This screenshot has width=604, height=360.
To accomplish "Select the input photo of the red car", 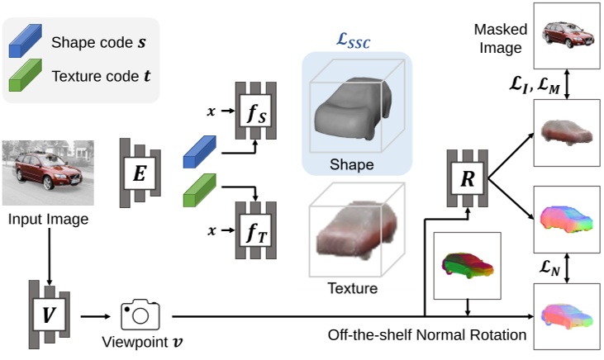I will click(x=47, y=173).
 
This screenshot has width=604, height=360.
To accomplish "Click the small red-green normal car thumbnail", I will click(x=467, y=263).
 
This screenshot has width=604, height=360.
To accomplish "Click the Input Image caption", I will click(x=47, y=220).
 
